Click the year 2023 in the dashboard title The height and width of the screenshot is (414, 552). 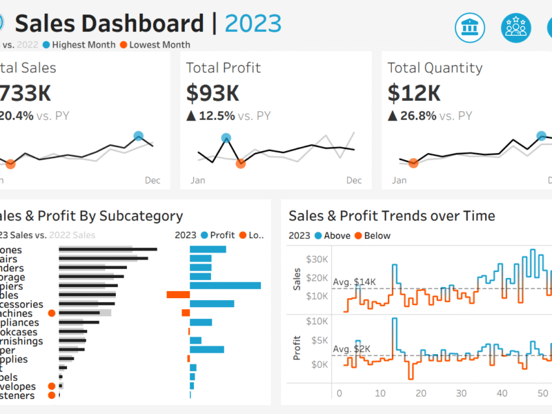coord(253,23)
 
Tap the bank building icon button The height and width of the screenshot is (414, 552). coord(471,27)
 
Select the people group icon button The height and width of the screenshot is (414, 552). coord(516,27)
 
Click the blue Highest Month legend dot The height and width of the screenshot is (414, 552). coord(46,45)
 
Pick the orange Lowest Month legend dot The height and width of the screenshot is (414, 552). coord(124,45)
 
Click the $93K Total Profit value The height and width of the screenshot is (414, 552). coord(213,93)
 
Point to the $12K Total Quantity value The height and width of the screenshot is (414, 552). coord(414,93)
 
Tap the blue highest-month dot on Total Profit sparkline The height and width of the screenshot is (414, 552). coord(226,138)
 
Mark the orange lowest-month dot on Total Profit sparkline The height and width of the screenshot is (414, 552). coord(240,164)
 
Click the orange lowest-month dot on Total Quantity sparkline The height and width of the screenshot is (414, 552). coord(413,164)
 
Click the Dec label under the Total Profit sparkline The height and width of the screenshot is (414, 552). coord(353,181)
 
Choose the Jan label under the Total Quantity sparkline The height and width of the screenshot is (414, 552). coord(400,181)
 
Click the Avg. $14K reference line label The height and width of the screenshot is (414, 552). coord(354,282)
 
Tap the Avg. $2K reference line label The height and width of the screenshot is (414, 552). coord(352,348)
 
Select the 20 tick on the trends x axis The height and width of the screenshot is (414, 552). coord(422,393)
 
